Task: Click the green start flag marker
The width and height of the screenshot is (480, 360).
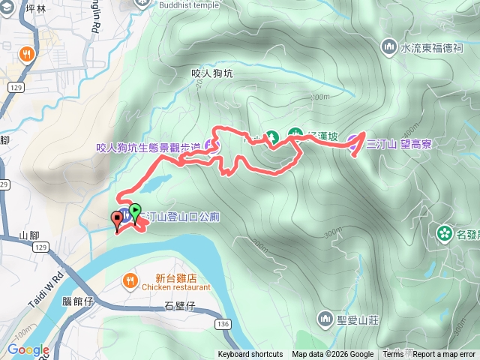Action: [x=135, y=211]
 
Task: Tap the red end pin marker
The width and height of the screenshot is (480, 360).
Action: [x=117, y=220]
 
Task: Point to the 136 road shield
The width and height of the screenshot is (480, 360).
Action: [x=222, y=323]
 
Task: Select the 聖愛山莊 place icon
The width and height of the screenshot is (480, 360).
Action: [x=325, y=319]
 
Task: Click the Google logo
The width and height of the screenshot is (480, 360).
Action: [x=28, y=350]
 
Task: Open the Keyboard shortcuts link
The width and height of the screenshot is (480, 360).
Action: [x=250, y=355]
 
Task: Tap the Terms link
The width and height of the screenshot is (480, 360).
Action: [x=393, y=355]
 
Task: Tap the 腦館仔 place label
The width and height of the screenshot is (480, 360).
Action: [x=77, y=301]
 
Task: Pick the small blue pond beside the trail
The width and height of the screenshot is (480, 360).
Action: [x=153, y=182]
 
